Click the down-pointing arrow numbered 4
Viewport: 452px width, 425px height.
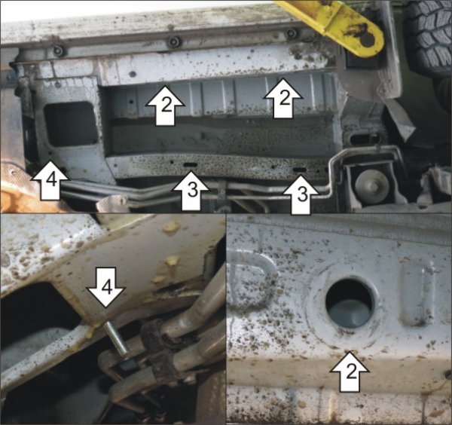(x=106, y=287)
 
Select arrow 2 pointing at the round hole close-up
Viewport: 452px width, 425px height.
(x=350, y=372)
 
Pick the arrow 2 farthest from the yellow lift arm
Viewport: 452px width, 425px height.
(x=165, y=105)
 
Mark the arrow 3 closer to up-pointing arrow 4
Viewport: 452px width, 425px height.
(x=191, y=191)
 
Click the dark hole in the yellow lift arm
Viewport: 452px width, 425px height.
(x=368, y=39)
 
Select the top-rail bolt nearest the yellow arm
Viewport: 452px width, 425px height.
(x=291, y=33)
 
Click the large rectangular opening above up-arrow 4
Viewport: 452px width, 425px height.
(x=71, y=124)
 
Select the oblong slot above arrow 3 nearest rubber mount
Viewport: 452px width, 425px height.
(x=299, y=170)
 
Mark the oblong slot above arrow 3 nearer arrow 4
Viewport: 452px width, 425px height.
(x=190, y=165)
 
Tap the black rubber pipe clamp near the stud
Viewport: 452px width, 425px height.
(x=157, y=339)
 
